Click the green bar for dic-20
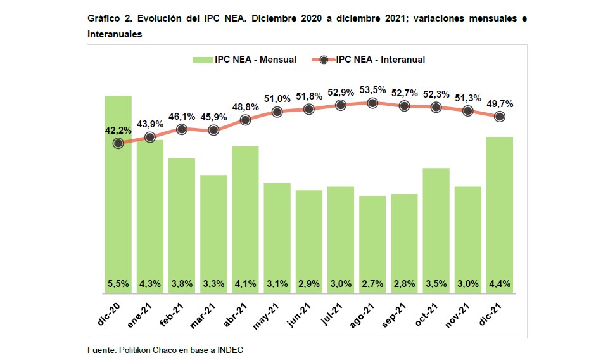pos(118,196)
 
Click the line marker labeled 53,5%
pos(372,103)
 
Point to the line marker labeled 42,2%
pos(118,143)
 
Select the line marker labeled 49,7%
pos(500,116)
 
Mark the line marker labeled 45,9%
pos(213,130)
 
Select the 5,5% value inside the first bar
pos(118,284)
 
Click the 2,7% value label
pos(372,284)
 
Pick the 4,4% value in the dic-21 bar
pos(500,284)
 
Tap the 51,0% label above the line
pos(277,98)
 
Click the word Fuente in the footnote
pos(101,350)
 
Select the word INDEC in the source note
pos(231,350)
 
